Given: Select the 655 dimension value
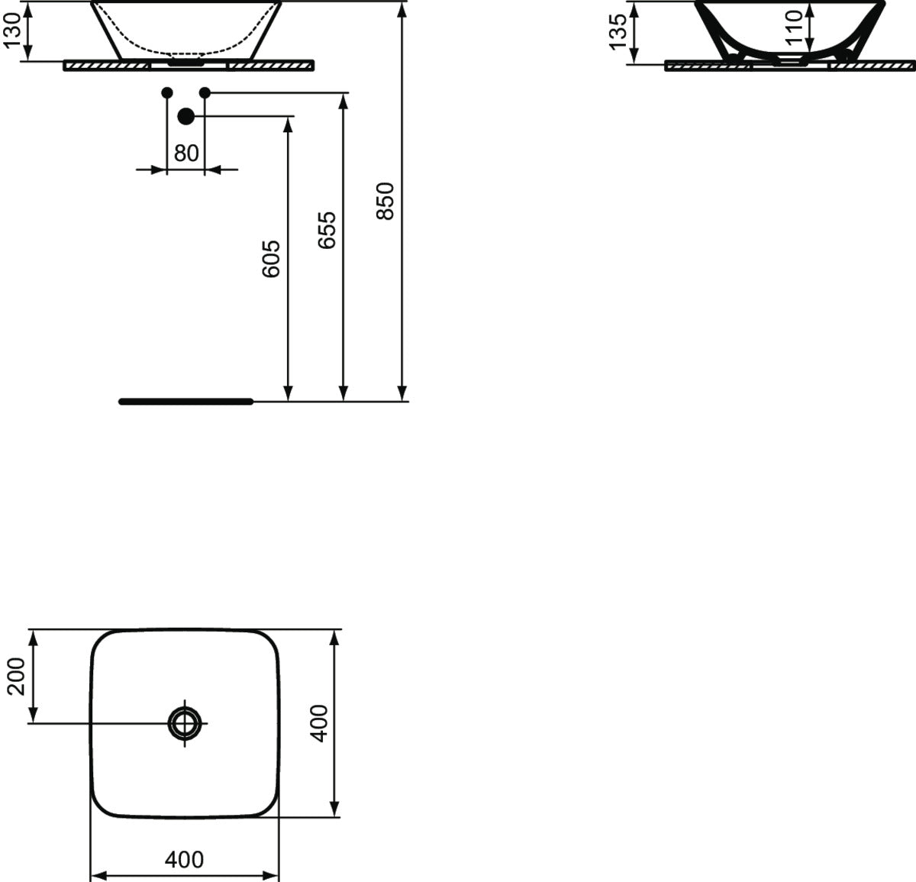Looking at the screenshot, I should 327,230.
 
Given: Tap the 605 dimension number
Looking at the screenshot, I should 272,259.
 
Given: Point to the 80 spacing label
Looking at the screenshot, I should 185,153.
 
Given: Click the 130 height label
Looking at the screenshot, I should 13,31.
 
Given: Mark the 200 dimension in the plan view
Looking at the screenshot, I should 16,676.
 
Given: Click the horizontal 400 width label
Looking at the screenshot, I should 185,860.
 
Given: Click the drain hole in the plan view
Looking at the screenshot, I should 185,722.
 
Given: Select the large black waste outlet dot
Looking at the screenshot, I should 185,116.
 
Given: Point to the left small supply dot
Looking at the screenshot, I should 166,93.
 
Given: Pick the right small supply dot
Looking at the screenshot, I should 205,93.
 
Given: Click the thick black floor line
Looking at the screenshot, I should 185,402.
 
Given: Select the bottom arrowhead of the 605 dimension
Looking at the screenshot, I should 288,393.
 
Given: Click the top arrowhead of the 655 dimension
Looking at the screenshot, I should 344,101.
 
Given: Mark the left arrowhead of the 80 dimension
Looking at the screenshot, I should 159,170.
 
